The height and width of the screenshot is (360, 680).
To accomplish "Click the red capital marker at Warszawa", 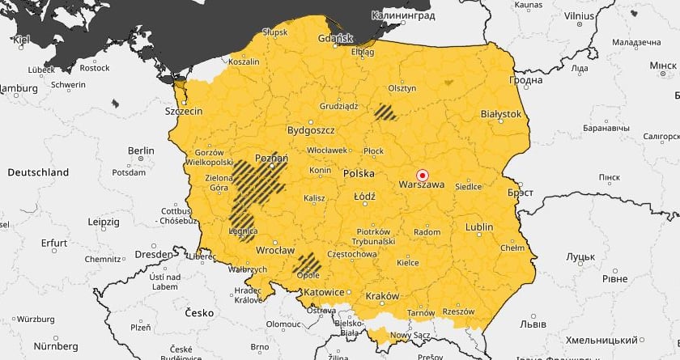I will tap(421, 174).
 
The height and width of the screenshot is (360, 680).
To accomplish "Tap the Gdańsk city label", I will tap(337, 38).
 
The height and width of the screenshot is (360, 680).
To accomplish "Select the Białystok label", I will tap(501, 115).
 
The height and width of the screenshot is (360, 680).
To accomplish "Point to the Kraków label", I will tap(382, 296).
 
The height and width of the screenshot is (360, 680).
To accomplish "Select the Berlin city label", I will tap(140, 150).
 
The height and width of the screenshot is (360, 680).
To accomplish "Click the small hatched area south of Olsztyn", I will tap(387, 111).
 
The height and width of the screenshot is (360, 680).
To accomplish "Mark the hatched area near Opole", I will tap(307, 261).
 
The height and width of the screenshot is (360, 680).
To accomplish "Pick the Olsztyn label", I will tap(402, 88).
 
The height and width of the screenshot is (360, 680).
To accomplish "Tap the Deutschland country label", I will tap(38, 172).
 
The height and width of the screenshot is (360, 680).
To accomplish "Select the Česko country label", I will tap(198, 312).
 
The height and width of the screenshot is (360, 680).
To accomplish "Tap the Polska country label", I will tap(359, 173).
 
